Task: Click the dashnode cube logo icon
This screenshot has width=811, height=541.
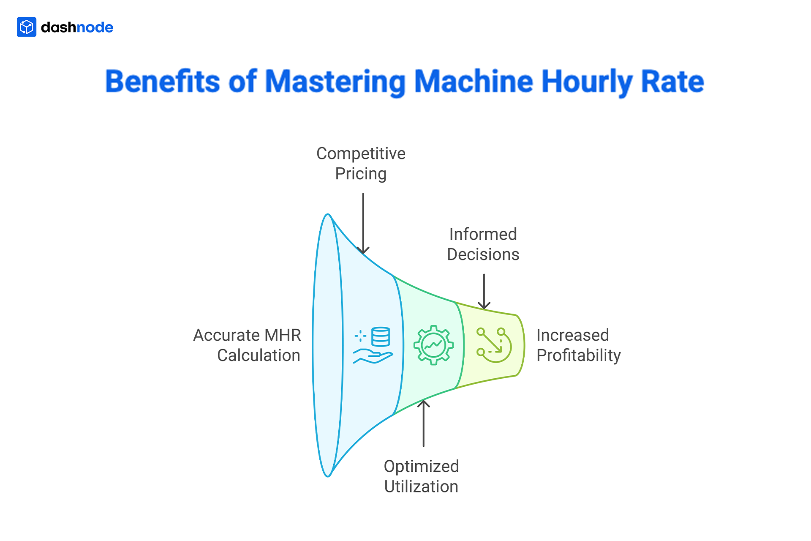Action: (x=27, y=27)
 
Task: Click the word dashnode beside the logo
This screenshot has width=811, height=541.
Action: (x=77, y=27)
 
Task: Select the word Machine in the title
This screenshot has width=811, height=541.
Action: (x=474, y=81)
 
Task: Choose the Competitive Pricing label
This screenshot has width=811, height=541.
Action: (x=361, y=164)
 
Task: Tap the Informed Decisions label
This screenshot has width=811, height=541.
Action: (x=483, y=244)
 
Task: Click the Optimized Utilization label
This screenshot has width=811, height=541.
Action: (x=421, y=476)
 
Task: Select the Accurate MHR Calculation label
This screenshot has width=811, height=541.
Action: (x=247, y=345)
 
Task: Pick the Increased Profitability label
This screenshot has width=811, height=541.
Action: (x=578, y=345)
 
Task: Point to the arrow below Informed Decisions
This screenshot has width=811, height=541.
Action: (x=484, y=292)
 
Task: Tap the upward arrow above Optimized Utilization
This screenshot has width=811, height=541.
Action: (x=423, y=423)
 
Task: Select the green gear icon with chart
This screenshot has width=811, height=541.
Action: (x=433, y=345)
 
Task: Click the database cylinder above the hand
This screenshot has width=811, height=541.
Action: (x=381, y=337)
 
